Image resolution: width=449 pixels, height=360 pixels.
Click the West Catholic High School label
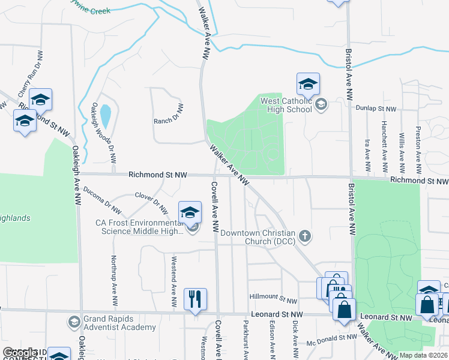tap(286, 105)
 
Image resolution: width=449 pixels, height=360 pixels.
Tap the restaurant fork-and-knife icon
tap(195, 298)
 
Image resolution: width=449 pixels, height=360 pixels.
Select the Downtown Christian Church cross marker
tap(305, 236)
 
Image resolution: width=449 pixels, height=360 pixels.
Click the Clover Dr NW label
tap(151, 201)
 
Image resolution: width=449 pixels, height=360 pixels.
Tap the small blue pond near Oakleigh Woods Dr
tap(106, 116)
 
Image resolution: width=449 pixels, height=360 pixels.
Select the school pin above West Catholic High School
tap(308, 84)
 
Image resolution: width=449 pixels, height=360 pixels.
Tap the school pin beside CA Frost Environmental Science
tap(190, 212)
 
